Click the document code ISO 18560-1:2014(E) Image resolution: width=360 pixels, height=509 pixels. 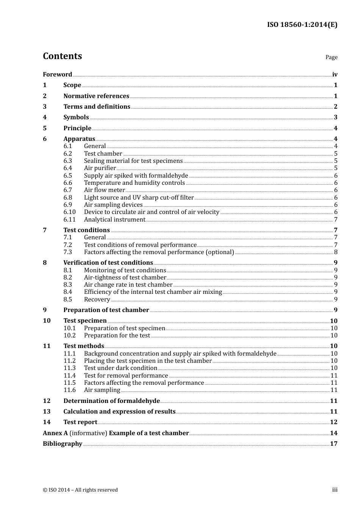pyautogui.click(x=302, y=25)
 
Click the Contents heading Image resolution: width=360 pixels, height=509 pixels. pyautogui.click(x=62, y=56)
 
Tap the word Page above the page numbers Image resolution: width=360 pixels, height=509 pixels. pyautogui.click(x=331, y=57)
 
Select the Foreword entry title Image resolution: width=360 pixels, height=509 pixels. pyautogui.click(x=57, y=75)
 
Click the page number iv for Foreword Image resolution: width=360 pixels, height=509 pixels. pyautogui.click(x=335, y=75)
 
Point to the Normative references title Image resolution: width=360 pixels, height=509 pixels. pyautogui.click(x=96, y=96)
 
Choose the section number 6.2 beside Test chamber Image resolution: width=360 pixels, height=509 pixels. pyautogui.click(x=67, y=154)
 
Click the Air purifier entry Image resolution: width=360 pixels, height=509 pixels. pyautogui.click(x=100, y=168)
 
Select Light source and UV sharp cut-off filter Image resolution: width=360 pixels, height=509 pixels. pyautogui.click(x=139, y=198)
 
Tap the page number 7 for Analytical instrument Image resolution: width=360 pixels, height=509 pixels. pyautogui.click(x=336, y=220)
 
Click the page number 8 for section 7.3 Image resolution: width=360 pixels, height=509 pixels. pyautogui.click(x=336, y=252)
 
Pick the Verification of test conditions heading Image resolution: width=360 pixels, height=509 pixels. pyautogui.click(x=108, y=263)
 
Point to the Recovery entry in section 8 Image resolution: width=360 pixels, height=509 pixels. pyautogui.click(x=97, y=300)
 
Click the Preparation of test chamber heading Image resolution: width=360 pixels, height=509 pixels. pyautogui.click(x=106, y=310)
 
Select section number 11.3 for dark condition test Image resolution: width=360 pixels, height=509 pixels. pyautogui.click(x=69, y=368)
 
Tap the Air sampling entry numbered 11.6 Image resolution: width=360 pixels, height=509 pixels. pyautogui.click(x=102, y=390)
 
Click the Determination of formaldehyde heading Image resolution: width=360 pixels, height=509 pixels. pyautogui.click(x=111, y=401)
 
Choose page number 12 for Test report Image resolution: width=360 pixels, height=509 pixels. pyautogui.click(x=333, y=422)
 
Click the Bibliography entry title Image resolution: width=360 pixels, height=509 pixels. pyautogui.click(x=63, y=444)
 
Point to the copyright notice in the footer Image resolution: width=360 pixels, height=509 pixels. pyautogui.click(x=80, y=490)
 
